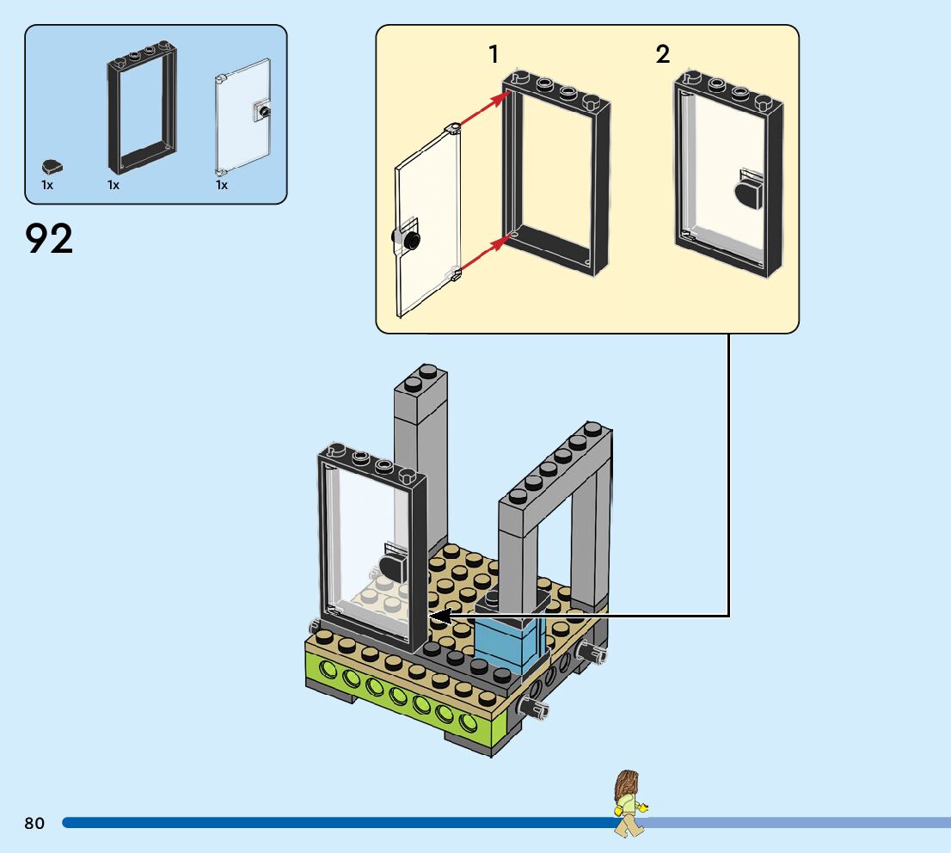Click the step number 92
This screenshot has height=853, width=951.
(x=50, y=239)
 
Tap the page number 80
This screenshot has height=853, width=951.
(x=34, y=824)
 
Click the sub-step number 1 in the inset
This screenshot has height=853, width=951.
(x=494, y=55)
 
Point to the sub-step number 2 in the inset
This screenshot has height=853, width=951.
(x=662, y=55)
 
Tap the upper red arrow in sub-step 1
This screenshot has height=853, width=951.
(x=482, y=111)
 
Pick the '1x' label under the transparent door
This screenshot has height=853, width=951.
(x=222, y=185)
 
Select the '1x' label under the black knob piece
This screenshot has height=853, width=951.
(x=47, y=185)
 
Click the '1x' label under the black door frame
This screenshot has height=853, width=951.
(x=114, y=185)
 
